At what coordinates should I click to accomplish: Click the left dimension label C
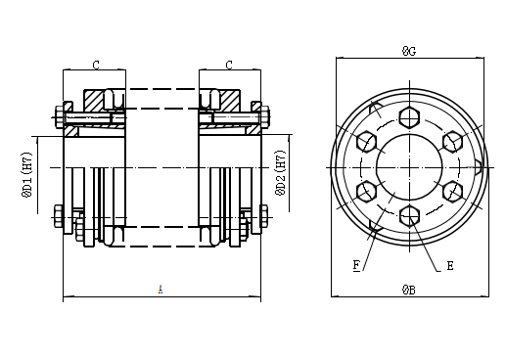click(x=96, y=66)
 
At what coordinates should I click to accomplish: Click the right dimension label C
click(x=228, y=66)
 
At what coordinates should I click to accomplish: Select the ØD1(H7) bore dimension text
click(x=26, y=173)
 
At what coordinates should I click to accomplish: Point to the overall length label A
click(x=161, y=289)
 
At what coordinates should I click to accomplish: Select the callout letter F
click(x=356, y=264)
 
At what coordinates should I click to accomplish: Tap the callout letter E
click(x=449, y=264)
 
